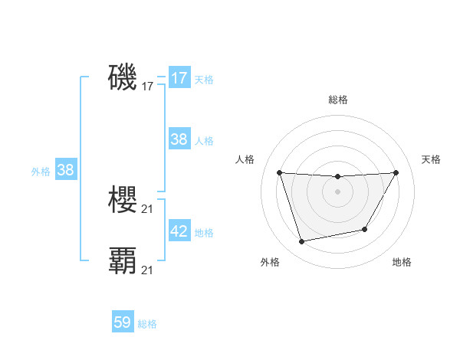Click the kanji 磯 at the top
click(123, 78)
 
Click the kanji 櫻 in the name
click(123, 201)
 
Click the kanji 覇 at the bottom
click(123, 260)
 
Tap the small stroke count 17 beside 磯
click(148, 87)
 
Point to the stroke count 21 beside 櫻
click(148, 209)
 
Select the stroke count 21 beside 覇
click(148, 270)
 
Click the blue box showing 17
click(179, 78)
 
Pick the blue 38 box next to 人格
click(179, 139)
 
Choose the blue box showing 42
click(179, 231)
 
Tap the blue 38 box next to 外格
click(65, 170)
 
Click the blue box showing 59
click(123, 322)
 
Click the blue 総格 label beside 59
click(147, 324)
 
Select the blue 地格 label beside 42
click(204, 233)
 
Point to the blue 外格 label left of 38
click(41, 172)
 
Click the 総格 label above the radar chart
click(337, 100)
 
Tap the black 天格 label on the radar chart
click(432, 159)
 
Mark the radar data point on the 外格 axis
click(302, 242)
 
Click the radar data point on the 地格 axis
click(365, 229)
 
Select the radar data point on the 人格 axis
click(279, 172)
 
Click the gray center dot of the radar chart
click(337, 191)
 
